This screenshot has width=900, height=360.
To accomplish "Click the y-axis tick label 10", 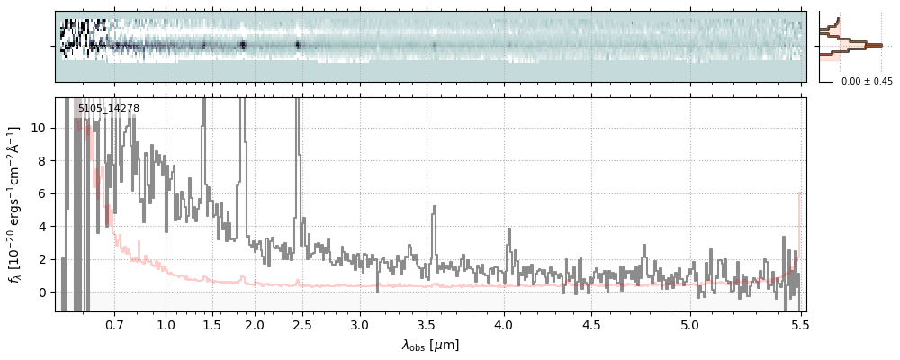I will coord(39,128).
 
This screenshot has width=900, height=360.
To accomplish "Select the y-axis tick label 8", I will coord(42,161).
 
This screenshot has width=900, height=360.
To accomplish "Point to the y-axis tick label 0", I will coord(42,292).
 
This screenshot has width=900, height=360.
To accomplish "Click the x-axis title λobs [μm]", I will coord(430,346).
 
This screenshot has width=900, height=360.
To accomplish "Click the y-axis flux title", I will coord(15,204).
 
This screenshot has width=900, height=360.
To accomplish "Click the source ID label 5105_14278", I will coord(108,109).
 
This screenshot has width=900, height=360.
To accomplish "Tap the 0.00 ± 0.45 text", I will coord(867,82).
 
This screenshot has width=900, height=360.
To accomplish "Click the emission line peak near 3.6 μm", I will coord(434,208).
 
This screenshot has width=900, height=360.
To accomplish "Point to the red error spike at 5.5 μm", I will coord(799,194).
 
